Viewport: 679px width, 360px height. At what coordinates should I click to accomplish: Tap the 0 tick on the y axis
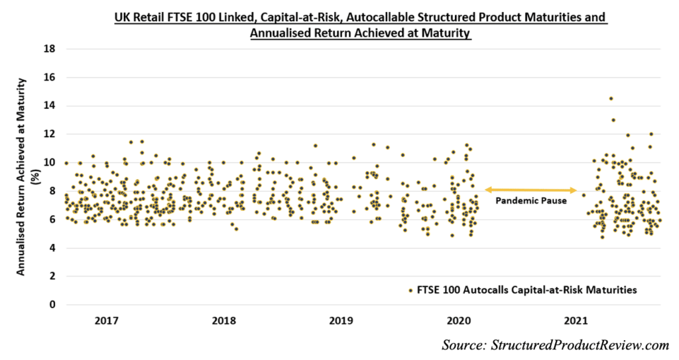click(x=52, y=305)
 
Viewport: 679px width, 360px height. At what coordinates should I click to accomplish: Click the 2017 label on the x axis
click(x=107, y=321)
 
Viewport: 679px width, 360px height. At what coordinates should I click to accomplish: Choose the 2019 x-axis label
click(x=340, y=321)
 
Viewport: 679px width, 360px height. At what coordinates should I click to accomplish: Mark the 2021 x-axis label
click(x=575, y=321)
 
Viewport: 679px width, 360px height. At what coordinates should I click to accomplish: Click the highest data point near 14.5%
click(x=611, y=99)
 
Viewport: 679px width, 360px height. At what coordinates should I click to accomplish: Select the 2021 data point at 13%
click(x=613, y=120)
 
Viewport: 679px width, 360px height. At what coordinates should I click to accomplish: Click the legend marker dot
click(x=410, y=290)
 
